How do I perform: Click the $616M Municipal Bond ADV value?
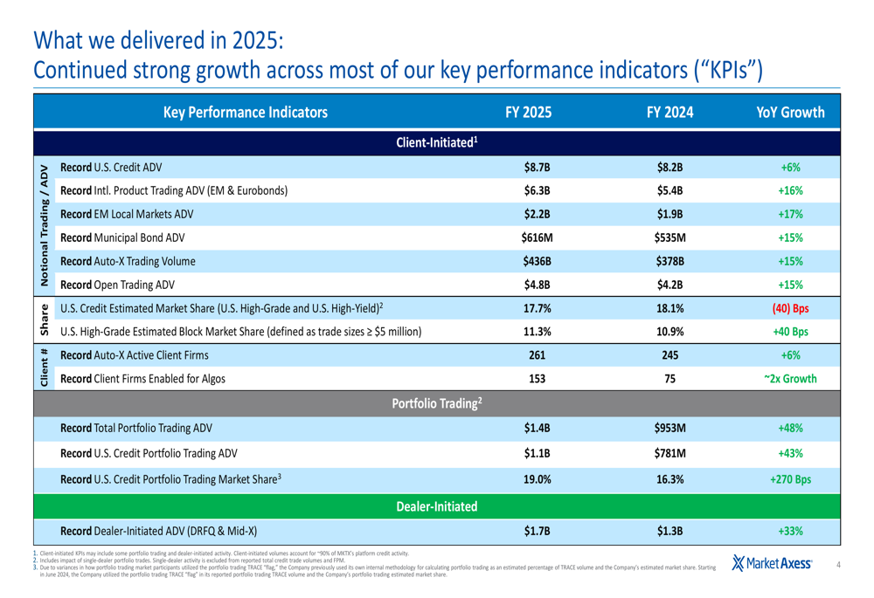(x=536, y=237)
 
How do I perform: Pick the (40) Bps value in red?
(x=785, y=307)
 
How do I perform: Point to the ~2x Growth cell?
(x=785, y=379)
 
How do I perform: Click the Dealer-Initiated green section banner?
(x=436, y=505)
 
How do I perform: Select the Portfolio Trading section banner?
(x=436, y=403)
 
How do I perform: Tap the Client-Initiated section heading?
(x=436, y=141)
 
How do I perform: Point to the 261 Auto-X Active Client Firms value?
(x=536, y=355)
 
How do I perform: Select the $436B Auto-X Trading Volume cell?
(x=536, y=260)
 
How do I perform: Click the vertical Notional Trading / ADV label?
(x=42, y=224)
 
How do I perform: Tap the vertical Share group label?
(x=42, y=320)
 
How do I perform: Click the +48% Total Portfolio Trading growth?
(x=785, y=429)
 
